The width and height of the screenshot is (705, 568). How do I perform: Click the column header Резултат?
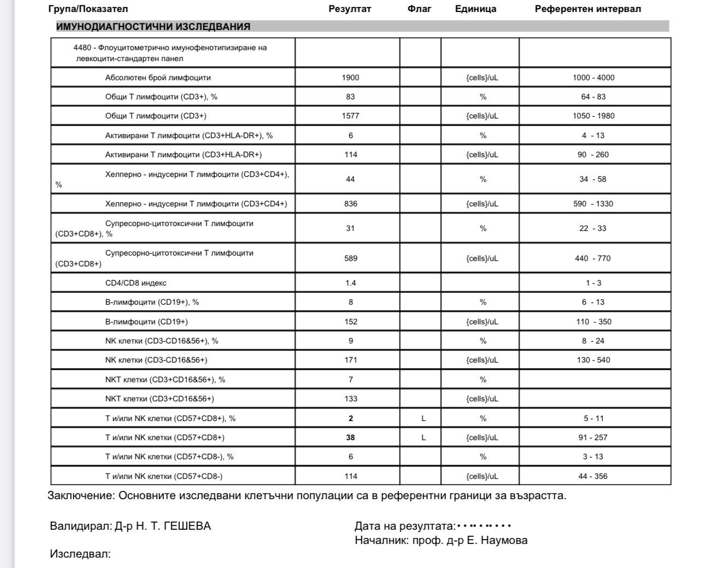click(x=350, y=9)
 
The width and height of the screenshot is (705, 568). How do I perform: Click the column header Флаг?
click(x=419, y=9)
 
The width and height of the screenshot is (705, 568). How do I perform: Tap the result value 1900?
click(x=350, y=78)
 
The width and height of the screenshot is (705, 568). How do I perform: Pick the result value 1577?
click(x=350, y=116)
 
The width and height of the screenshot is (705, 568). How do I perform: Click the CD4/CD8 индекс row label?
click(x=136, y=283)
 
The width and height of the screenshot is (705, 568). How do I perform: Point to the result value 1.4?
click(x=350, y=283)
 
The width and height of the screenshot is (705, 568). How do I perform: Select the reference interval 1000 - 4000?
click(x=594, y=78)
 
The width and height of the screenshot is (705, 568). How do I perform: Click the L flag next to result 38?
click(x=424, y=437)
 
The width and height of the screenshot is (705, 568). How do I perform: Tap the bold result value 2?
click(x=351, y=418)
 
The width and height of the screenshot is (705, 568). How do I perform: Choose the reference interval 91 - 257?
click(x=593, y=437)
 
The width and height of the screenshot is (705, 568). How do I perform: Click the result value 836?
click(x=351, y=204)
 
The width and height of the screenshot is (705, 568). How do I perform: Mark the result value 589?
click(x=350, y=258)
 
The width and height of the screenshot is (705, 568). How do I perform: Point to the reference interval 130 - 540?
click(x=594, y=360)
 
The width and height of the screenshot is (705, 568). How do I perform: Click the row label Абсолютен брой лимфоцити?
click(x=158, y=78)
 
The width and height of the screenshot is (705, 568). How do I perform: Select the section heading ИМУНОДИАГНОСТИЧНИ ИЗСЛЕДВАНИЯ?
click(x=153, y=26)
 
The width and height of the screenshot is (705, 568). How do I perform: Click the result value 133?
click(x=351, y=399)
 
